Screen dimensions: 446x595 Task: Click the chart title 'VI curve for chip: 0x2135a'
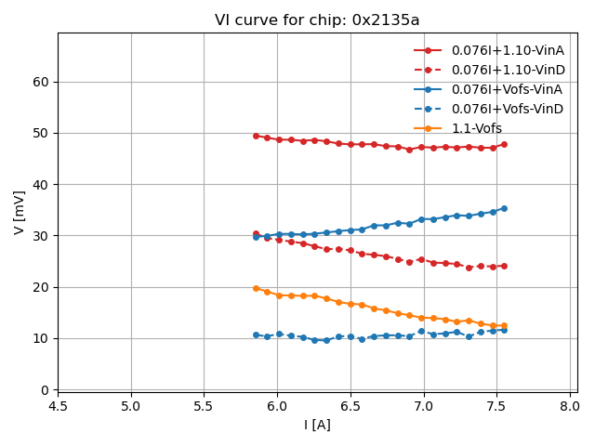317,20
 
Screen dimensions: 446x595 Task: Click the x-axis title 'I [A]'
317,425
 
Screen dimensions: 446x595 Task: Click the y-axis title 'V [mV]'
20,212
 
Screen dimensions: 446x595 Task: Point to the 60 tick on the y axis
41,82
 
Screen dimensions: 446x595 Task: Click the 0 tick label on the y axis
45,390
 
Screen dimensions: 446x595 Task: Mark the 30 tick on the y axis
41,236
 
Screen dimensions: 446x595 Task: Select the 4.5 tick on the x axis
58,406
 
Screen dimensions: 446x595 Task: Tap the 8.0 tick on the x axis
571,406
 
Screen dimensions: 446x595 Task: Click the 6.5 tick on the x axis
350,406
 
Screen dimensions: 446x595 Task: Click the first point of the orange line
256,288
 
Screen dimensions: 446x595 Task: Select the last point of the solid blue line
504,208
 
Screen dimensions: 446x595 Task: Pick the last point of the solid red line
504,144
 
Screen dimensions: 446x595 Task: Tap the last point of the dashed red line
504,266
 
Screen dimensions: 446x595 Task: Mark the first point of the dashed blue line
256,334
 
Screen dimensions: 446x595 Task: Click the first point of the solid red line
256,136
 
